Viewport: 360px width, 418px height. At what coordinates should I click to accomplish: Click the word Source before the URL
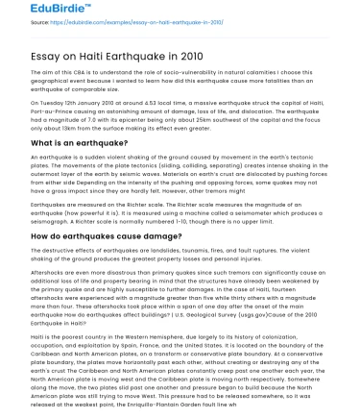coord(18,22)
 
